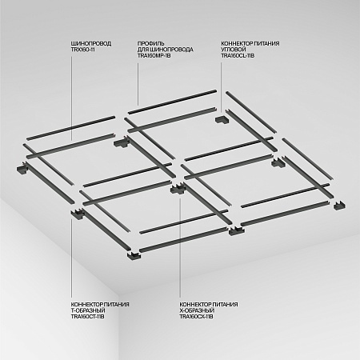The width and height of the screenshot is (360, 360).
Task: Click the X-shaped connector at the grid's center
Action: tap(178, 189)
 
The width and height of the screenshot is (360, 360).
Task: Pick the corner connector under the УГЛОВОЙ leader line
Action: tap(221, 120)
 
